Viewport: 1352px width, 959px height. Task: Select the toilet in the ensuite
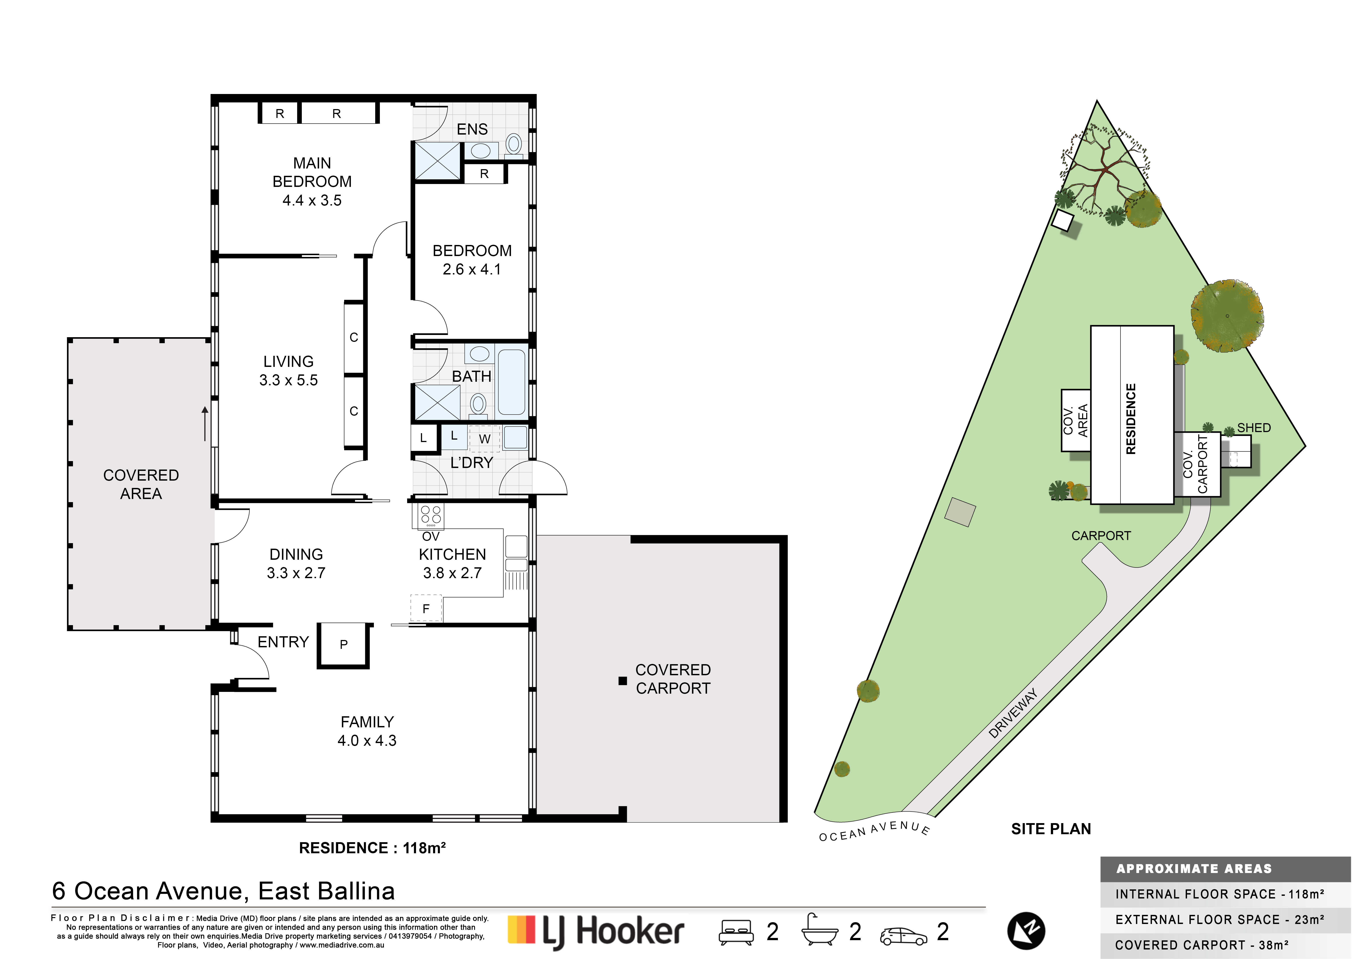pos(513,144)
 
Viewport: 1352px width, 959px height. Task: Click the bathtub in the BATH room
pos(511,382)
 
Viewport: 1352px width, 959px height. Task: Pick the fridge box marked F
pos(426,608)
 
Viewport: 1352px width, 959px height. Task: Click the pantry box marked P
pos(343,645)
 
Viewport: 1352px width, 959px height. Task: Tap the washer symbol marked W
pos(484,439)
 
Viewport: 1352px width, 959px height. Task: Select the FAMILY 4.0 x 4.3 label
pos(367,731)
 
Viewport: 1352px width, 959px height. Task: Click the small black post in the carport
pos(622,681)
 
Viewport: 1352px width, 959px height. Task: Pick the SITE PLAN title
pos(1051,829)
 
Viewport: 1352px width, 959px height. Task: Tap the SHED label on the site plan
pos(1254,428)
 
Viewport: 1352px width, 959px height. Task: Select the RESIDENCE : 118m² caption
pos(372,848)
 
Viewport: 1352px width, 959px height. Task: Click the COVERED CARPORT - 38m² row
pos(1202,945)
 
